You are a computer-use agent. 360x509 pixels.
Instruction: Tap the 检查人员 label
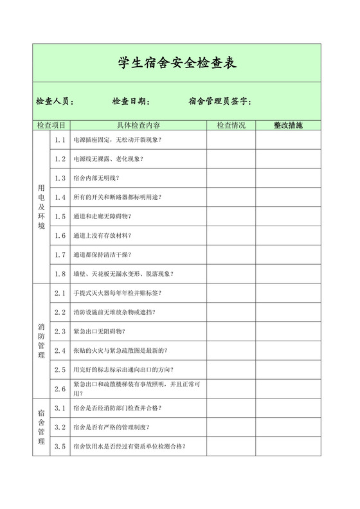55,102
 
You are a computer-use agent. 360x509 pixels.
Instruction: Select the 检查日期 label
131,102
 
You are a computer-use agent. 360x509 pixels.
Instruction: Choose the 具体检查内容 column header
138,125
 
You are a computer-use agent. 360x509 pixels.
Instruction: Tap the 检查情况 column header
231,125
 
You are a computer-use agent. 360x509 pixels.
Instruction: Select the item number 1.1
60,139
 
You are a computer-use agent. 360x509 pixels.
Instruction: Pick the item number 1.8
60,274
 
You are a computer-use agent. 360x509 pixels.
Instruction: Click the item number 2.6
60,389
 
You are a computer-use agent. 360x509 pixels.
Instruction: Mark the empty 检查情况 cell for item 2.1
231,293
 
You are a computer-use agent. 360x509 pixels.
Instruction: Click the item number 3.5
60,447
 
